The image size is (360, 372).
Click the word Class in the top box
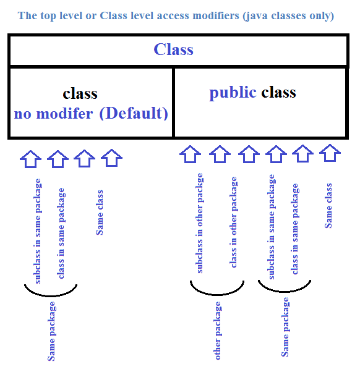point(174,49)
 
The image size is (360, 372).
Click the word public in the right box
point(233,93)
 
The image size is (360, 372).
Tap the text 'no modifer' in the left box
point(53,114)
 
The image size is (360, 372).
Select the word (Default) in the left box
point(134,113)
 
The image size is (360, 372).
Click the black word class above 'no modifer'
point(80,93)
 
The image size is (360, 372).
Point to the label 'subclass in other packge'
point(199,223)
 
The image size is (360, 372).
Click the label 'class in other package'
point(233,222)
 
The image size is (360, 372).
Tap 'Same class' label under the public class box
point(328,206)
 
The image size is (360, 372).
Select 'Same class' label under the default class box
point(99,213)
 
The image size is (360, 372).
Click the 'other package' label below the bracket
point(217,331)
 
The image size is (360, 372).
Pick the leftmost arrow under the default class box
point(31,159)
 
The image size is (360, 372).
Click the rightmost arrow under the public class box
point(330,153)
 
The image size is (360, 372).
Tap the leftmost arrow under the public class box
point(190,154)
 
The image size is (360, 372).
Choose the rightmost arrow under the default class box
point(111,158)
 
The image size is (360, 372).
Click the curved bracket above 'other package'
point(217,294)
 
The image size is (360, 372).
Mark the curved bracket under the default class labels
point(51,295)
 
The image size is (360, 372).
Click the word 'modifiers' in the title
point(216,15)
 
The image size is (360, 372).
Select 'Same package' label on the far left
point(51,331)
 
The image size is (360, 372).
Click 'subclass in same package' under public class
point(271,227)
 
